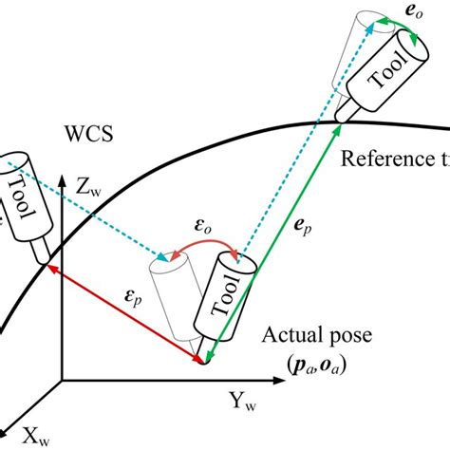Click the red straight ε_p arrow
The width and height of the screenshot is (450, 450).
[x=123, y=313]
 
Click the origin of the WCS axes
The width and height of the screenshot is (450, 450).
[x=62, y=381]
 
